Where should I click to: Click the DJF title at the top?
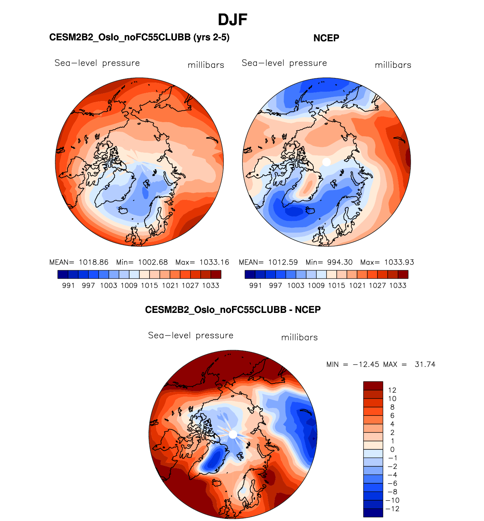[232, 20]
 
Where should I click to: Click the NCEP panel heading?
[326, 38]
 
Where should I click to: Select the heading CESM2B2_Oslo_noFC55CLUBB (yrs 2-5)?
[139, 37]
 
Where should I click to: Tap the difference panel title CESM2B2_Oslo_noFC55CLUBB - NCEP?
[233, 310]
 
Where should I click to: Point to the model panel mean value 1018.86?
[93, 262]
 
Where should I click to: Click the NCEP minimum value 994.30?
[340, 262]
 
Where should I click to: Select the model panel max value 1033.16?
[214, 262]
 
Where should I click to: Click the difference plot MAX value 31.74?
[425, 365]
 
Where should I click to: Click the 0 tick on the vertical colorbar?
[392, 450]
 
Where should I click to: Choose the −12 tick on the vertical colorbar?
[393, 509]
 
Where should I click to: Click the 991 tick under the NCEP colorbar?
[255, 286]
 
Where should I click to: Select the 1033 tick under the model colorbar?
[211, 286]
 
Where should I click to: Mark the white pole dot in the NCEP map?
[327, 162]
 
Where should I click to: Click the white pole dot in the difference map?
[233, 434]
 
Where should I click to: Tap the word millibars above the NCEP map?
[393, 65]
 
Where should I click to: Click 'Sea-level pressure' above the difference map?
[191, 336]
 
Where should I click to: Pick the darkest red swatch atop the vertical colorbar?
[373, 386]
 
